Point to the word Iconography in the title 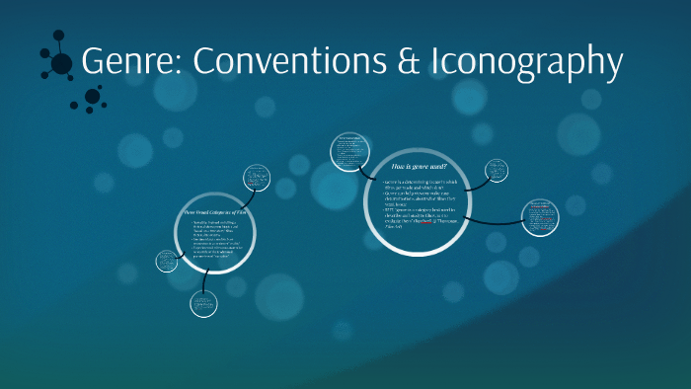525,62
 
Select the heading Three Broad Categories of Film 215,213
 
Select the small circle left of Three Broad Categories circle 166,263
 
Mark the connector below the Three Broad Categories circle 203,282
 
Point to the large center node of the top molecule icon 61,64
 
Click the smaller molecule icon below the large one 93,97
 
